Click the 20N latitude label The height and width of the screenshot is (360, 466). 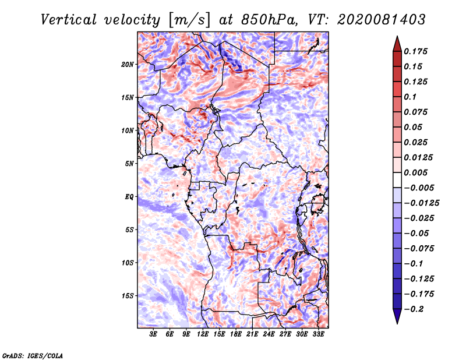click(x=128, y=65)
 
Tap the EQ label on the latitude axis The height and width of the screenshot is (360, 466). click(x=129, y=197)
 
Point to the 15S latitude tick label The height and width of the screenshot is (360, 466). click(x=128, y=296)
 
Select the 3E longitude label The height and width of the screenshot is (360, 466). click(x=153, y=334)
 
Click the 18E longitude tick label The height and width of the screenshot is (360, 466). click(x=236, y=334)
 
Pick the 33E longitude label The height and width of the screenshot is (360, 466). click(x=318, y=334)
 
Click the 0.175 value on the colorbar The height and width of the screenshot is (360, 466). click(x=415, y=51)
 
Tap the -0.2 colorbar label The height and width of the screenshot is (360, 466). click(x=414, y=309)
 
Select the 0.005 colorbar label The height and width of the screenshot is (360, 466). click(x=415, y=172)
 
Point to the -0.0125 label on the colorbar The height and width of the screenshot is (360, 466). click(x=421, y=203)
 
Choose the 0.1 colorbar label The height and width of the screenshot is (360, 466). click(x=410, y=97)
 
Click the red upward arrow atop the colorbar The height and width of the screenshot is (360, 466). click(x=397, y=44)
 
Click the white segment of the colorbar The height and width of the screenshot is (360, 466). click(x=397, y=180)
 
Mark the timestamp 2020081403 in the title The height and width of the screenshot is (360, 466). click(x=382, y=20)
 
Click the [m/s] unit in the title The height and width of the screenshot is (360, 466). click(x=189, y=20)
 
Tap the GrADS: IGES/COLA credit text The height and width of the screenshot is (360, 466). click(x=33, y=355)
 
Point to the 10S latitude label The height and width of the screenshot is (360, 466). click(x=128, y=263)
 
